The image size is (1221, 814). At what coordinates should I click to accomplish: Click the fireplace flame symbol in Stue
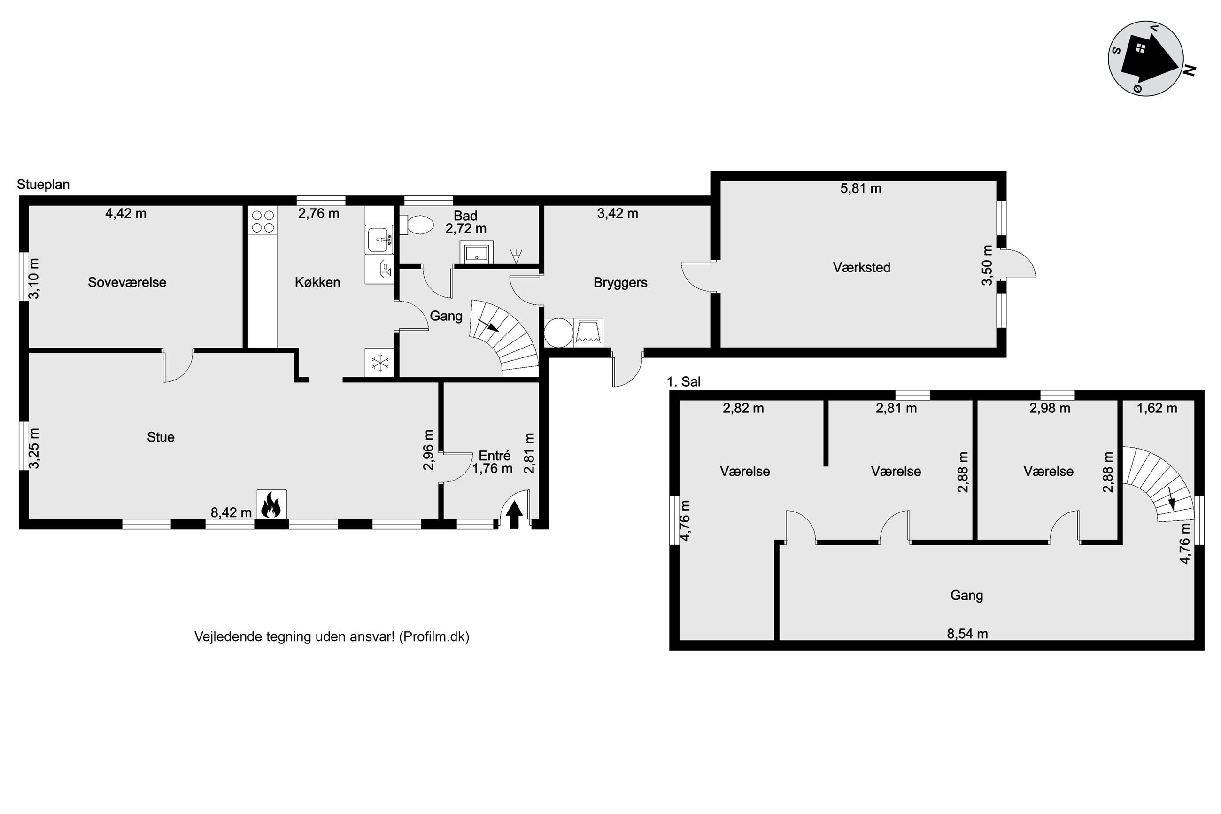[x=271, y=504]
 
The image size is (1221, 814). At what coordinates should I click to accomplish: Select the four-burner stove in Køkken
[x=263, y=221]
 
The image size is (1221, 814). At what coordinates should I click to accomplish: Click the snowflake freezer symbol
[x=380, y=362]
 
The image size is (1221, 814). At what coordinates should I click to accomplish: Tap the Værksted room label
[x=861, y=267]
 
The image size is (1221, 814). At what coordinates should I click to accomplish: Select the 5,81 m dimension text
[x=860, y=188]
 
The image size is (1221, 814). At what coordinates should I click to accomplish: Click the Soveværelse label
[x=127, y=282]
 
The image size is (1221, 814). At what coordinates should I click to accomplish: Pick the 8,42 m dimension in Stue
[x=231, y=512]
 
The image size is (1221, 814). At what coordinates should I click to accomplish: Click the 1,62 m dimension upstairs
[x=1157, y=408]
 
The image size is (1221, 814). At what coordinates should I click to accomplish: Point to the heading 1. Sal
[x=683, y=381]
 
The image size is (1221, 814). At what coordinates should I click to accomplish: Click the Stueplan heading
[x=43, y=185]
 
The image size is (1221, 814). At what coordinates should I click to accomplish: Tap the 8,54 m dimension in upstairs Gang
[x=967, y=633]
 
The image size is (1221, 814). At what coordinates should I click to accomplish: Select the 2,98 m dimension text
[x=1049, y=408]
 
